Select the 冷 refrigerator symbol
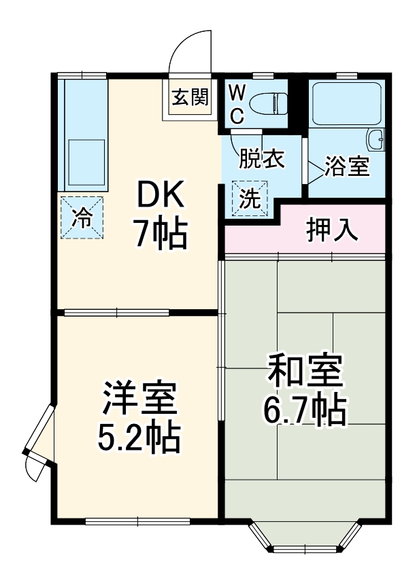click(82, 218)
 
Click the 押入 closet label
click(331, 230)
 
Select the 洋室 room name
click(139, 399)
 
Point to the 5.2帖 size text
click(139, 438)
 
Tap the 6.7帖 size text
click(305, 410)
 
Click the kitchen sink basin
click(85, 157)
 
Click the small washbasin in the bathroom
click(376, 141)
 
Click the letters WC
click(235, 104)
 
